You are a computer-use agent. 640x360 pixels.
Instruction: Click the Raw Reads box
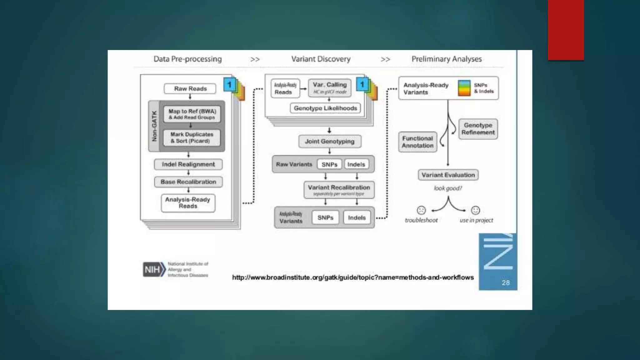tap(190, 89)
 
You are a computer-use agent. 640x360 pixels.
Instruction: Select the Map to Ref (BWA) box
tap(192, 114)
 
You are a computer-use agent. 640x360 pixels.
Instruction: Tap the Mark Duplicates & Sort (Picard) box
tap(192, 137)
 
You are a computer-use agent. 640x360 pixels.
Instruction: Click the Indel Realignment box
tap(188, 164)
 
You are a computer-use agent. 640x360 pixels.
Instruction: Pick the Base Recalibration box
tap(188, 182)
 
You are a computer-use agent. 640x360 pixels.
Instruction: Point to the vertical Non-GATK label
tap(154, 126)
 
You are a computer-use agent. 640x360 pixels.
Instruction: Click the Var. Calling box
tap(330, 88)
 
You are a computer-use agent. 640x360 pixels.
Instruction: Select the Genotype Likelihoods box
tap(325, 108)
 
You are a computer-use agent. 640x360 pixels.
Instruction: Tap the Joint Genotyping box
tap(330, 141)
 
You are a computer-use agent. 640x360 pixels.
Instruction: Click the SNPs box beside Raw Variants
tap(329, 164)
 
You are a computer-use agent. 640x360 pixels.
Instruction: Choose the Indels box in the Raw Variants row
tap(356, 164)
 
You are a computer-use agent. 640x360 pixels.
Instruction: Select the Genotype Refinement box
tap(478, 129)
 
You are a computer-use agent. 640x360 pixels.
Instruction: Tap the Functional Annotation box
tap(417, 142)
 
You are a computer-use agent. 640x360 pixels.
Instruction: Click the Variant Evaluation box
tap(448, 175)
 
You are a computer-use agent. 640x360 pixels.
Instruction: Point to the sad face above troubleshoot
tap(421, 210)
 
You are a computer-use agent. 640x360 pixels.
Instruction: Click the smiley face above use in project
tap(475, 210)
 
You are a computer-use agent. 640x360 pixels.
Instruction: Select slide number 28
tap(506, 282)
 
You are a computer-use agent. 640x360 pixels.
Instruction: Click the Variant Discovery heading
tap(321, 59)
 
